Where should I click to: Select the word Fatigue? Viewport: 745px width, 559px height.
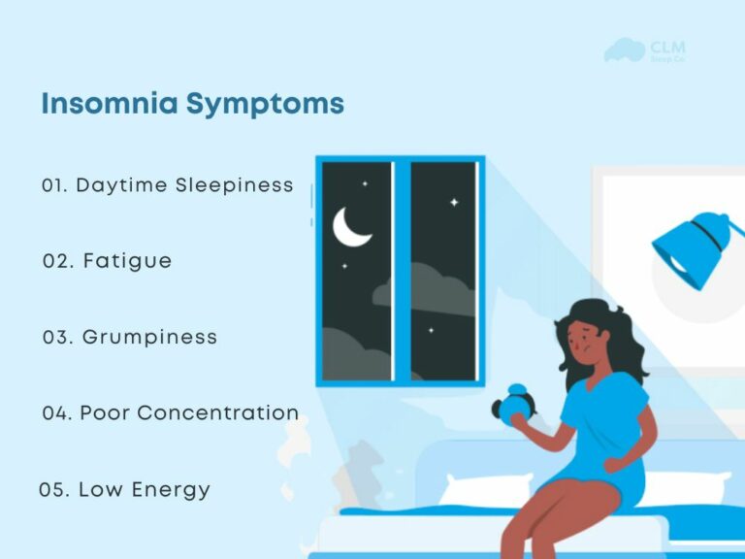pyautogui.click(x=127, y=261)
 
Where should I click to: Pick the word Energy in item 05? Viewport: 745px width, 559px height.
pyautogui.click(x=171, y=489)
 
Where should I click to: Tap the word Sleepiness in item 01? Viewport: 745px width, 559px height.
pyautogui.click(x=235, y=184)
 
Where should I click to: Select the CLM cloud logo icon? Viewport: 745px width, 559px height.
pyautogui.click(x=624, y=49)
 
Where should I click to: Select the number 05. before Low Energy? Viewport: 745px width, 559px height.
pyautogui.click(x=54, y=489)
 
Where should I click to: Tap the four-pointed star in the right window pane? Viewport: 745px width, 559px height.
pyautogui.click(x=453, y=202)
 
